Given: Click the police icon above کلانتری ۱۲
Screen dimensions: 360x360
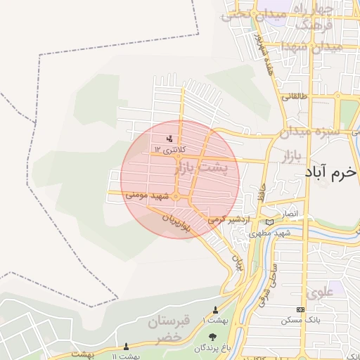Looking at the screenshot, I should point(168,138).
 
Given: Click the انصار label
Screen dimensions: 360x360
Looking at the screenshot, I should point(290,213).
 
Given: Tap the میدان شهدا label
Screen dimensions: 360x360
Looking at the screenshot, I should point(311,47).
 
